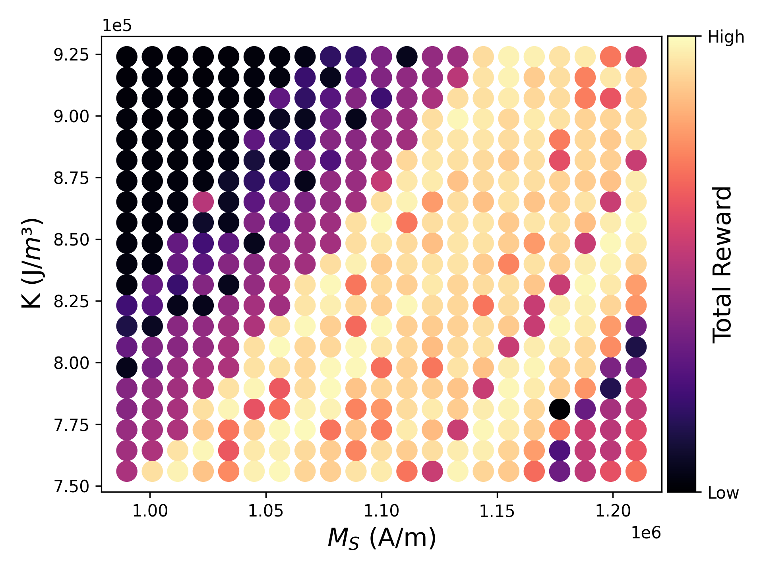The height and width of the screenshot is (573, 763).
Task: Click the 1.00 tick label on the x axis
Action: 150,511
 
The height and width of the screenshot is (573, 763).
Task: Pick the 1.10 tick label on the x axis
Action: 381,511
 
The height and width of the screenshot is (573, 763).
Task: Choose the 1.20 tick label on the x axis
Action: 613,511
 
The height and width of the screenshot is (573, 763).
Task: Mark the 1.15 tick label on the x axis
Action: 497,511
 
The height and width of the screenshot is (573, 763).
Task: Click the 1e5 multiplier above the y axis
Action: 117,25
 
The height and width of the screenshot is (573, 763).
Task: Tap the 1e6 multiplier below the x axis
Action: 646,533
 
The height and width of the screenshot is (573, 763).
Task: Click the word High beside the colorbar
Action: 726,37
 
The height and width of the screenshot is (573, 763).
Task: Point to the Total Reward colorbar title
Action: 722,265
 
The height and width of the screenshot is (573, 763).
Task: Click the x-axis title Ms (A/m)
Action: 381,538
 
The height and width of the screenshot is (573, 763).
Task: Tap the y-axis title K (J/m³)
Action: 32,263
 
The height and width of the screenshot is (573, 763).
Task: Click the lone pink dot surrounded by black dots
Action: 203,202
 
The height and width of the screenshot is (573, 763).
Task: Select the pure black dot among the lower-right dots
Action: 560,409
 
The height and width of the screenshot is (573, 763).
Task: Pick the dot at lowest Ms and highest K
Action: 127,57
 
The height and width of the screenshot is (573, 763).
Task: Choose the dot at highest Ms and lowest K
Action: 636,471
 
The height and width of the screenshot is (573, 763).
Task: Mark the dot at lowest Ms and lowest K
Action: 127,471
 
